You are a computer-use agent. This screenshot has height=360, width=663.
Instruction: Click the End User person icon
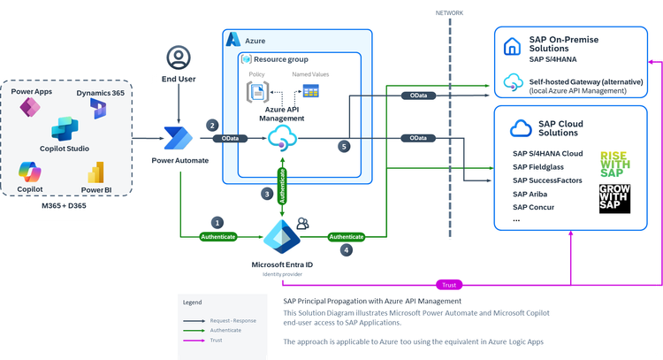coord(179,59)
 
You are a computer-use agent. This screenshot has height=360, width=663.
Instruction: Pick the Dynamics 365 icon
coord(98,107)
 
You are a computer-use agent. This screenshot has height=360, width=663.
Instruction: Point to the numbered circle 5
coord(345,146)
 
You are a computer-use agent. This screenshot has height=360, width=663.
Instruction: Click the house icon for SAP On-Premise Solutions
coord(512,46)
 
